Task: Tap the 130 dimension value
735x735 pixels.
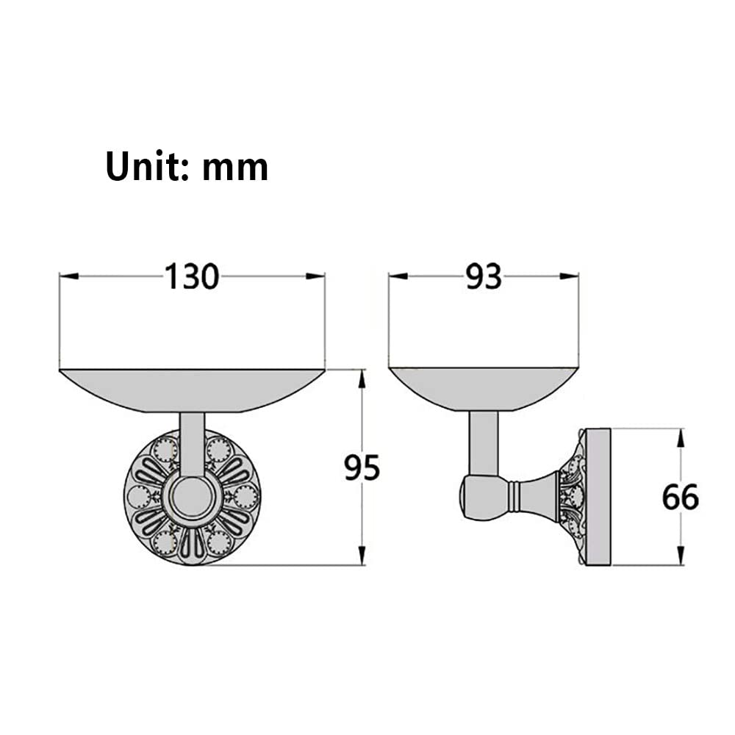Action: [192, 276]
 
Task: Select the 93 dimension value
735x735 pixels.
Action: [484, 276]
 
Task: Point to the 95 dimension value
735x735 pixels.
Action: [362, 467]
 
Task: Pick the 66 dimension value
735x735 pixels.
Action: [680, 498]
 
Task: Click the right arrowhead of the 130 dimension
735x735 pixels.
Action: [315, 276]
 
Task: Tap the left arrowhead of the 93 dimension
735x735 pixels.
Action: [398, 276]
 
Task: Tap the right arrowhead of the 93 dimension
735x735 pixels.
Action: [569, 276]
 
